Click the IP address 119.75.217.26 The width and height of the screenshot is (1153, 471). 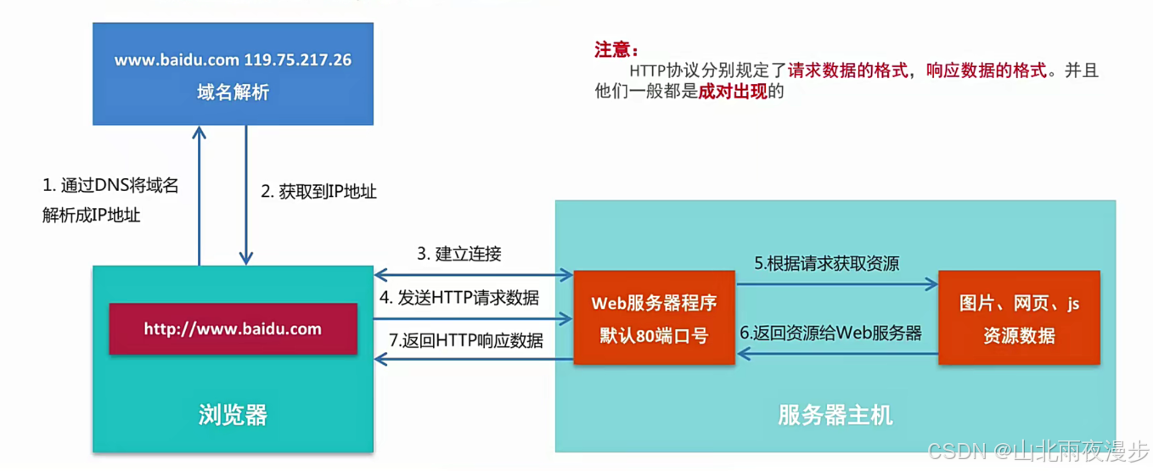(298, 60)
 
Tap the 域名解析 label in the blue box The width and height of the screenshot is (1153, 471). (233, 93)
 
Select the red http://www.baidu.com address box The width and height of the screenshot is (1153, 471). (233, 328)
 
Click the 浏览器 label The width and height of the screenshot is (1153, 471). (233, 415)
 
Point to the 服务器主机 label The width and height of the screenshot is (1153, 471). (835, 415)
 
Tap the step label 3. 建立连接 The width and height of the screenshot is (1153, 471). (458, 254)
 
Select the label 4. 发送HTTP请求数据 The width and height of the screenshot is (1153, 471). (458, 298)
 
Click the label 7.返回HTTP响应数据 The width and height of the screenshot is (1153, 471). (465, 341)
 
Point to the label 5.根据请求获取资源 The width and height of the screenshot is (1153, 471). (827, 264)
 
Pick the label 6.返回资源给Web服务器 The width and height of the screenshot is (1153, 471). (830, 333)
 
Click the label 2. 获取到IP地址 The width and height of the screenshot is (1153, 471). (318, 192)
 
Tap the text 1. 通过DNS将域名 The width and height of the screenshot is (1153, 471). (110, 186)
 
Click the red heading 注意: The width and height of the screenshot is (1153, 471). (616, 49)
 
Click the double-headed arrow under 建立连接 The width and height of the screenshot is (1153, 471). (474, 274)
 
